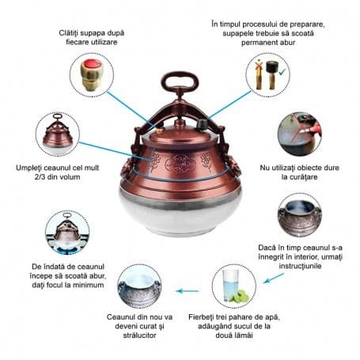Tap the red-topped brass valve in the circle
pos(90,75)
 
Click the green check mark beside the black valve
pos(282,71)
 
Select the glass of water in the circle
pos(231,285)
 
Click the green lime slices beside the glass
pos(241,296)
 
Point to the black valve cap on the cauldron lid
pos(203,124)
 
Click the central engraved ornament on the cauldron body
pos(180,163)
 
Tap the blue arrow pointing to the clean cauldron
pos(188,291)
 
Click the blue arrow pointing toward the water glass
pos(274,279)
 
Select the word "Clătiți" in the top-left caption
pos(69,33)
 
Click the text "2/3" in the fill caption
pos(40,176)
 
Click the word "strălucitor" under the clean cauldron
pos(139,335)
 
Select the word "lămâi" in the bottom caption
pos(243,335)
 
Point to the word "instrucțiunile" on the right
pos(300,266)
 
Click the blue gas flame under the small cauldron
pos(67,249)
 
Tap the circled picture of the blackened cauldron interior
pos(300,215)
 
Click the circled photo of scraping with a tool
pos(300,134)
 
